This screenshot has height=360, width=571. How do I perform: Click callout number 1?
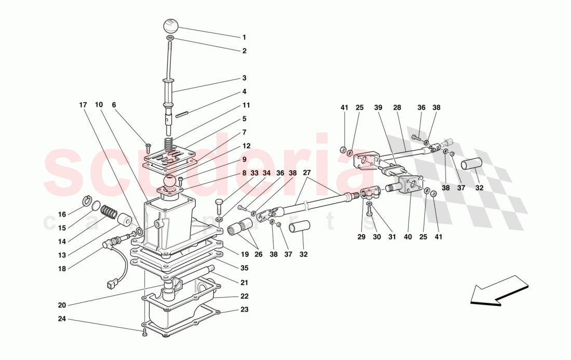tap(243, 37)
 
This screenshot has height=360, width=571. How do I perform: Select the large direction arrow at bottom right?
tap(499, 290)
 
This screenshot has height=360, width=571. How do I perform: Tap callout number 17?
tap(83, 105)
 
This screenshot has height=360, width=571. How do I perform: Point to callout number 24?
tap(61, 319)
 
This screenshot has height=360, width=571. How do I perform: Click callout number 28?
tap(397, 108)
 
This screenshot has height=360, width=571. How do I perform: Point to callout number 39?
tap(378, 108)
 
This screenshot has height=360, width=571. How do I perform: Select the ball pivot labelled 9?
tap(170, 182)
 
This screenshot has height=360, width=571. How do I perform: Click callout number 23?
tap(244, 310)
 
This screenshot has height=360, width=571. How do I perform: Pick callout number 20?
tap(61, 305)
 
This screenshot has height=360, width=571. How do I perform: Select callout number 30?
tap(376, 237)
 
